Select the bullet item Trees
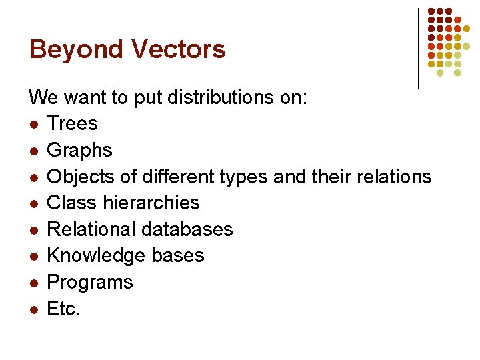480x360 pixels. pyautogui.click(x=72, y=124)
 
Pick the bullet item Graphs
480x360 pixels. pyautogui.click(x=79, y=151)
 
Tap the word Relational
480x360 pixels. pyautogui.click(x=91, y=229)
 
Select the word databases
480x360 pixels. pyautogui.click(x=187, y=229)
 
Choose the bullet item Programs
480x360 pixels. pyautogui.click(x=89, y=282)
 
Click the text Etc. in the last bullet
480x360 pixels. pyautogui.click(x=63, y=309)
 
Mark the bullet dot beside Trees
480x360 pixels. pyautogui.click(x=33, y=125)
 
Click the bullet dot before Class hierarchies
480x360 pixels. pyautogui.click(x=33, y=203)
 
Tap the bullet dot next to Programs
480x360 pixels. pyautogui.click(x=33, y=283)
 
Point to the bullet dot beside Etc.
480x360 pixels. pyautogui.click(x=33, y=309)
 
